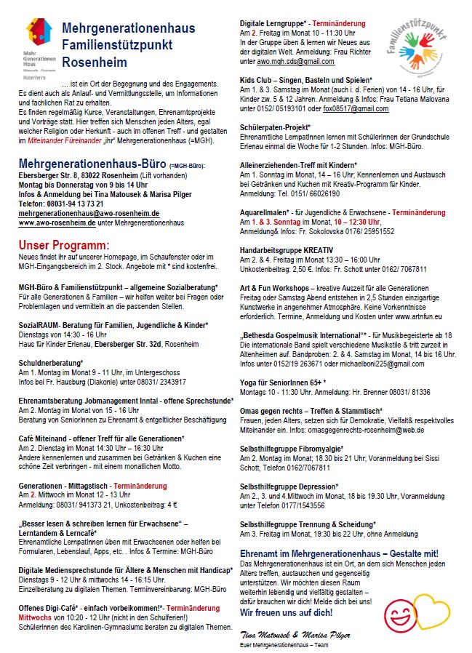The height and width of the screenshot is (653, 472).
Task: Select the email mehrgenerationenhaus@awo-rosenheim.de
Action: [89, 214]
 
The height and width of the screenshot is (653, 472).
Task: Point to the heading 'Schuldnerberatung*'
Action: [52, 362]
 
